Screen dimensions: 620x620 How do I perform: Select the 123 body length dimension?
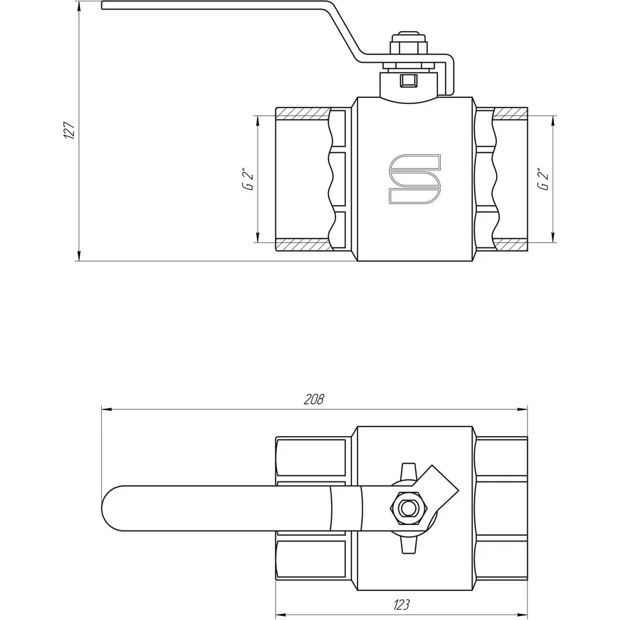402,605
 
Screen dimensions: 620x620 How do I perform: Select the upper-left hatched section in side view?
303,112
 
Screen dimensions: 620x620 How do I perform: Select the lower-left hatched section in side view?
303,245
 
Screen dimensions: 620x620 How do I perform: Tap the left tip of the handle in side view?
103,6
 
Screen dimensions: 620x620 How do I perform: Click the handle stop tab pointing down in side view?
451,79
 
